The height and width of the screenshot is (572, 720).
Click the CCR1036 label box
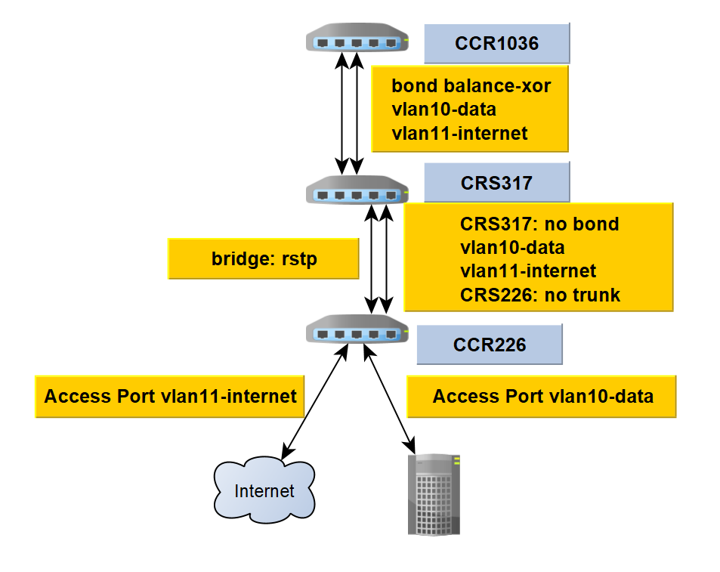click(x=496, y=43)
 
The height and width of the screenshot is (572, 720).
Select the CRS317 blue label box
click(x=496, y=182)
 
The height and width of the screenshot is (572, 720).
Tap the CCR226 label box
click(x=489, y=345)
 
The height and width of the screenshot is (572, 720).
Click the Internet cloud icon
click(x=264, y=491)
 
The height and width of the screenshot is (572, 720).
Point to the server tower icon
click(x=434, y=494)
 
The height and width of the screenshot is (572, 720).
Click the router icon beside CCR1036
click(x=357, y=41)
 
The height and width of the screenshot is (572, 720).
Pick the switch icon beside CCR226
click(x=357, y=332)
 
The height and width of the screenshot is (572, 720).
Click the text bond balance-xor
click(x=471, y=86)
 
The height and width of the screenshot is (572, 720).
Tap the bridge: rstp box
click(x=264, y=259)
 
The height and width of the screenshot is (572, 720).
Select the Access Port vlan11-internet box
click(x=170, y=396)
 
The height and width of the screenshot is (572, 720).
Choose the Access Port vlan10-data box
click(x=542, y=396)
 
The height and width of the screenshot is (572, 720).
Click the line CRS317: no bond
click(x=539, y=224)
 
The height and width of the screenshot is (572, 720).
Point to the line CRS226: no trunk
click(x=539, y=294)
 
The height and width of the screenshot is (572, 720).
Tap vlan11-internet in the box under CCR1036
click(x=459, y=134)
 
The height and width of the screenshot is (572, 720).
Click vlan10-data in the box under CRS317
click(x=511, y=247)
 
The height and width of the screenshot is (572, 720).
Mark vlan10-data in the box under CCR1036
click(x=443, y=110)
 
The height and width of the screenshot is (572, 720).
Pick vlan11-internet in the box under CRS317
click(x=527, y=271)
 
